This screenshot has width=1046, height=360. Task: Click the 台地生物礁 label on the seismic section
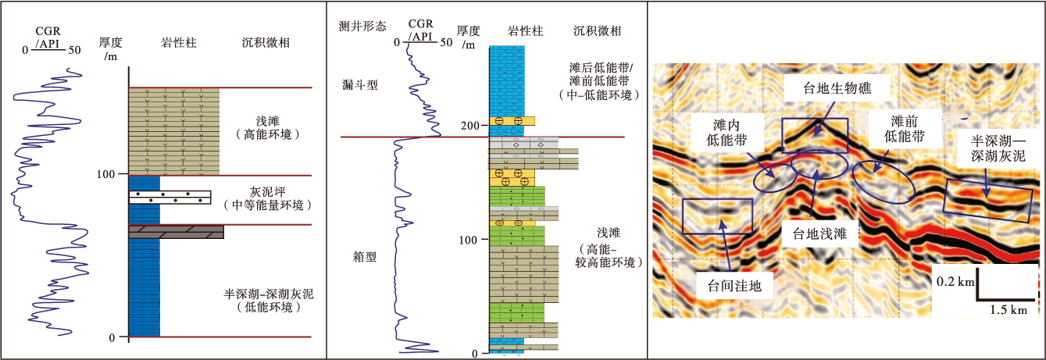[837, 88]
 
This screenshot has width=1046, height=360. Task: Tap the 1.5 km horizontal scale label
[1009, 310]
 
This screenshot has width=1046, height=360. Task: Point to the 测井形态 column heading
[364, 26]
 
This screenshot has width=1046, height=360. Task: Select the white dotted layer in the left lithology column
[170, 197]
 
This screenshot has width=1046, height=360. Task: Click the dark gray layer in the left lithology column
[176, 232]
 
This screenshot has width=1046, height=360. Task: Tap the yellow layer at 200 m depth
[512, 121]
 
